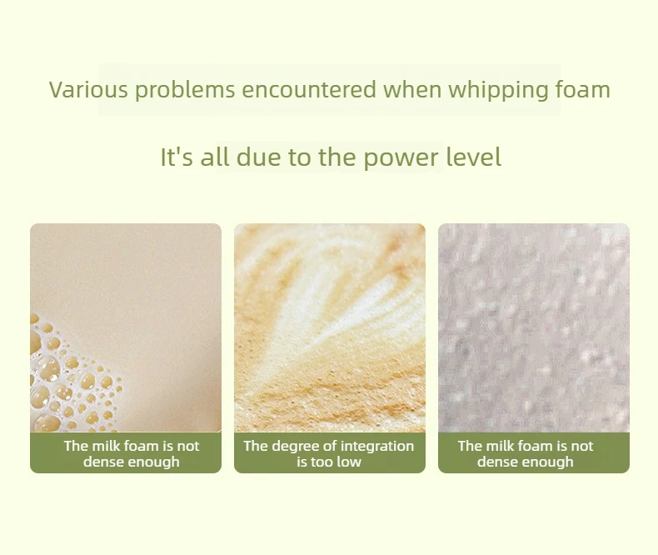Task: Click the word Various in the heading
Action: (88, 89)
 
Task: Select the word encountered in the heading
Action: (309, 89)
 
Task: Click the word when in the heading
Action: (412, 89)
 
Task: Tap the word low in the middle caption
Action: (351, 462)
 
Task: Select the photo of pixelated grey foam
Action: (534, 327)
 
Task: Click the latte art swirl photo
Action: (330, 327)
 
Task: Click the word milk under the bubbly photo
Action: (106, 446)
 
